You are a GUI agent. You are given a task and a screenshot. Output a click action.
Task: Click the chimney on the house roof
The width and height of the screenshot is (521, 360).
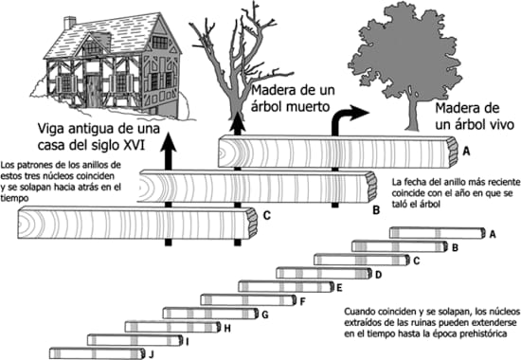pyautogui.click(x=70, y=23)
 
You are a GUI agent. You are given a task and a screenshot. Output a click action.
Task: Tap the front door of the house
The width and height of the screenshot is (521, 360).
pyautogui.click(x=93, y=89)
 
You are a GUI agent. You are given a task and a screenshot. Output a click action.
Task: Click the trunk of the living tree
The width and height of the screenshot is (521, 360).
pyautogui.click(x=413, y=112)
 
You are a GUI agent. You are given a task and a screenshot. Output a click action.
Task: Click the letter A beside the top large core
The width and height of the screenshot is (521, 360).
pyautogui.click(x=466, y=152)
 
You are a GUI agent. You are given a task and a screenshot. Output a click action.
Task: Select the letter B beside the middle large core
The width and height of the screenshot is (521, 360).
pyautogui.click(x=376, y=210)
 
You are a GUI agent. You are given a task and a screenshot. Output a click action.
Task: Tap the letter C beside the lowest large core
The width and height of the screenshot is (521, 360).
pyautogui.click(x=267, y=215)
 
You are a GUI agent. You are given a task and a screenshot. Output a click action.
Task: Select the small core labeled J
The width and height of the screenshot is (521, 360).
pyautogui.click(x=97, y=353)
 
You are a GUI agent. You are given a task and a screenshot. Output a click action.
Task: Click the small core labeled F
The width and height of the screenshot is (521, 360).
pyautogui.click(x=248, y=299)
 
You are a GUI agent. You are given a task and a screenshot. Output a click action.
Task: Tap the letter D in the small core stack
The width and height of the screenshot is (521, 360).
pyautogui.click(x=379, y=275)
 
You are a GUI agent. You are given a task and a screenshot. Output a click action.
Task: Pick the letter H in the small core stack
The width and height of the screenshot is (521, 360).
pyautogui.click(x=227, y=329)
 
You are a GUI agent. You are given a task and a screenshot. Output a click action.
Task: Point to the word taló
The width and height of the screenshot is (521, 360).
pyautogui.click(x=400, y=204)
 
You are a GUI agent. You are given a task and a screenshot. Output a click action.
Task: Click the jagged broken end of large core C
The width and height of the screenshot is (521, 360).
pyautogui.click(x=253, y=222)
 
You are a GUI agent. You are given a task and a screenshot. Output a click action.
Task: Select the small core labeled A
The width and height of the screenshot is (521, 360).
pyautogui.click(x=437, y=233)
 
